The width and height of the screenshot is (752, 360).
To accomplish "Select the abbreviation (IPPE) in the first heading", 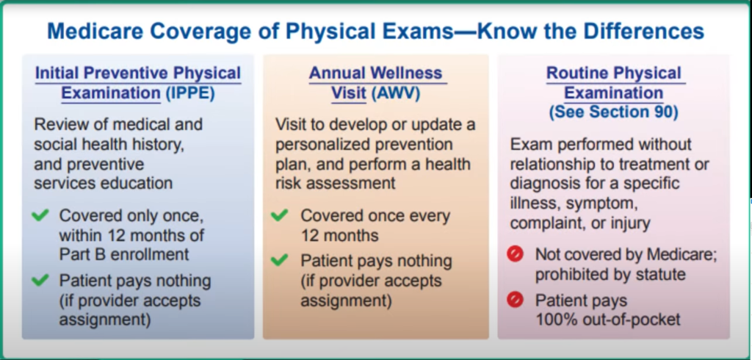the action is click(x=190, y=93).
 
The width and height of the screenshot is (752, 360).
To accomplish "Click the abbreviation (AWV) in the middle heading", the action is click(x=396, y=93).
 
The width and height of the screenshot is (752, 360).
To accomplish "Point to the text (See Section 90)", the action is click(x=613, y=112).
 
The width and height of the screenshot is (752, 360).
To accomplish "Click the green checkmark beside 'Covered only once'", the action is click(x=40, y=215).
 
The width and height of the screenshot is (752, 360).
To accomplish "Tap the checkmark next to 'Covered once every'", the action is click(x=279, y=215).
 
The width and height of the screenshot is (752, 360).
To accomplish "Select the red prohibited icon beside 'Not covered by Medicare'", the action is click(x=515, y=254).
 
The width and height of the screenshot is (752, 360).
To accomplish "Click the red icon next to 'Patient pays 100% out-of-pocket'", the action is click(x=515, y=300).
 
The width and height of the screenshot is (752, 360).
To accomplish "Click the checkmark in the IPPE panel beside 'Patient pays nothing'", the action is click(x=40, y=279).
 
